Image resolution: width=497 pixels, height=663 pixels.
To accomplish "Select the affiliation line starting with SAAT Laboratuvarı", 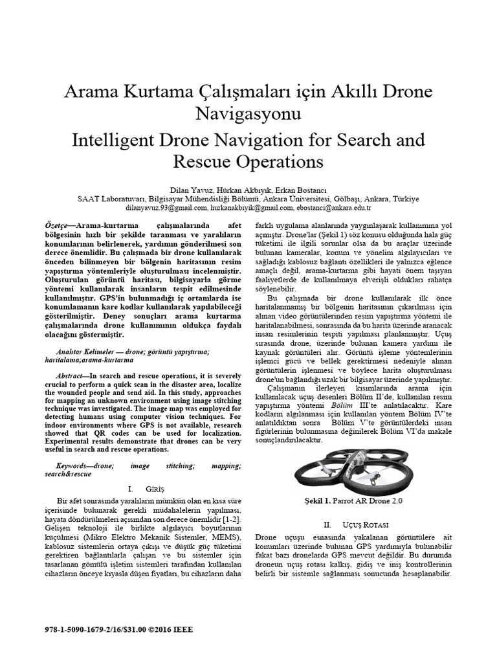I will tap(248, 199).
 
